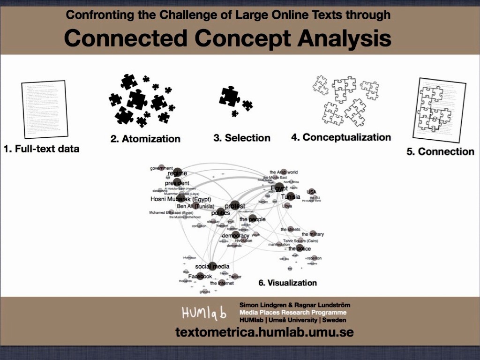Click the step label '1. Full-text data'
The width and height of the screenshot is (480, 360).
(x=41, y=149)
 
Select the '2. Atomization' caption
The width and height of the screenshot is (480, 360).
(x=145, y=139)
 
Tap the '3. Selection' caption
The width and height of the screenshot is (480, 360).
(x=242, y=138)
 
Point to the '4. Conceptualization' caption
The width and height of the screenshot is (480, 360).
(x=341, y=137)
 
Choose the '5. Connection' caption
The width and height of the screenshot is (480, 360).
(x=440, y=151)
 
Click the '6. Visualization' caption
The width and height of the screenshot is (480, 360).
(x=288, y=283)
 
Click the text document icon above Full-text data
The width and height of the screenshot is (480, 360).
(x=45, y=109)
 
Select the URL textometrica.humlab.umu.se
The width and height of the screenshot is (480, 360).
(x=264, y=332)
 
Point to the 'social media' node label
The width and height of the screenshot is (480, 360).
(x=212, y=266)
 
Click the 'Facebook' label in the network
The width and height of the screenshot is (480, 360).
(x=200, y=277)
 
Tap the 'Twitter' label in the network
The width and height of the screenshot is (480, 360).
(x=235, y=277)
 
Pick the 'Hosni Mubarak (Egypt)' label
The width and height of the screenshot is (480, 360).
(x=180, y=199)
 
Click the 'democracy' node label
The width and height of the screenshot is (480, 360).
(x=236, y=235)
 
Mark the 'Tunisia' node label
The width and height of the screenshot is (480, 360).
(x=291, y=196)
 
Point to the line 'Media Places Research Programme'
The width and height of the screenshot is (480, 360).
(x=293, y=313)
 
